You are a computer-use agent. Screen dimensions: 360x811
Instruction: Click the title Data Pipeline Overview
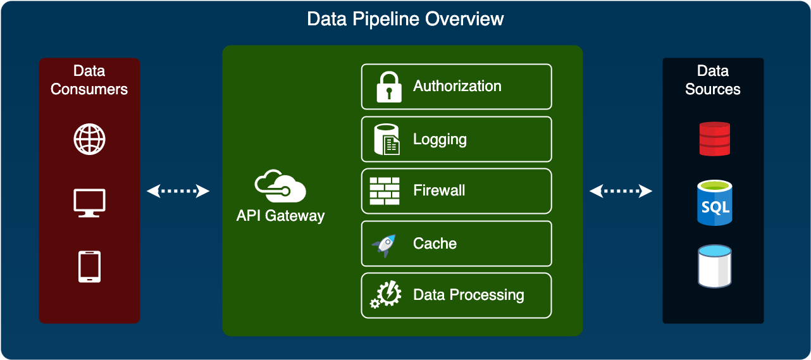tap(405, 19)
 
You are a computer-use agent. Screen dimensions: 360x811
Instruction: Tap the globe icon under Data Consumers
tap(89, 139)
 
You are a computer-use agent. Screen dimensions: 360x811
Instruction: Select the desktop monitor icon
tap(89, 203)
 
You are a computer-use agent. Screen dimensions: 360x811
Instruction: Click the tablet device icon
tap(89, 266)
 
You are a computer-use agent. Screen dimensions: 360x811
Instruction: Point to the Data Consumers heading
tap(89, 80)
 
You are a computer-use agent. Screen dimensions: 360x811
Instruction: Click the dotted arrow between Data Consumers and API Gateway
tap(178, 190)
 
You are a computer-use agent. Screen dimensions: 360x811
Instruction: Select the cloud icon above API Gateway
tap(280, 186)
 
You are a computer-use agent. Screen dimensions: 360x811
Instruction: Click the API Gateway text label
tap(280, 216)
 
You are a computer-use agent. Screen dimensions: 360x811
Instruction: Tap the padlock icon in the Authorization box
tap(389, 87)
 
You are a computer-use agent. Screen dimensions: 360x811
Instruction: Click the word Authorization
tap(457, 86)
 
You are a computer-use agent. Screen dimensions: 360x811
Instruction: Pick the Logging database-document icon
tap(387, 139)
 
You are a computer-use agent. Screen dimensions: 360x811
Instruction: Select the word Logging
tap(440, 139)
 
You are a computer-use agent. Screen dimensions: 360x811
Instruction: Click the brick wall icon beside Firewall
tap(385, 191)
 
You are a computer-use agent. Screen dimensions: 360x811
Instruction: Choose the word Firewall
tap(439, 190)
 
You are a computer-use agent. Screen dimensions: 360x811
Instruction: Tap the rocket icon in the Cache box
tap(385, 244)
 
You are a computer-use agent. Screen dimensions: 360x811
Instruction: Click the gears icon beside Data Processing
tap(386, 295)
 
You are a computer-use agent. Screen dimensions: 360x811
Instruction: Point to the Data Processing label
tap(468, 295)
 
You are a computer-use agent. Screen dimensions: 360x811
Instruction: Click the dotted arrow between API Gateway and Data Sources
tap(621, 190)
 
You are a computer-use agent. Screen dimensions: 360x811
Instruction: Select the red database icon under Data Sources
tap(714, 139)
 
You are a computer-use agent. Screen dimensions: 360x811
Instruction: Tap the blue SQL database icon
tap(714, 203)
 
